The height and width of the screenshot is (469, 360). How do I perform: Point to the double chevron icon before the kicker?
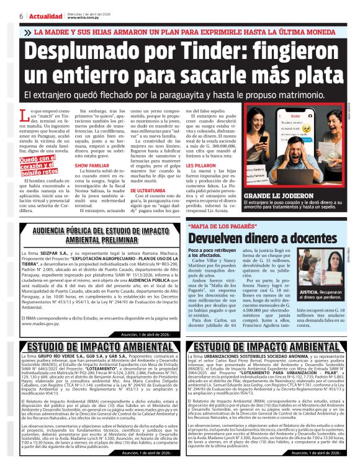click(x=27, y=32)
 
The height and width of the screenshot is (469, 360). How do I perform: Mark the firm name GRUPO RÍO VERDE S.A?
click(x=57, y=358)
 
